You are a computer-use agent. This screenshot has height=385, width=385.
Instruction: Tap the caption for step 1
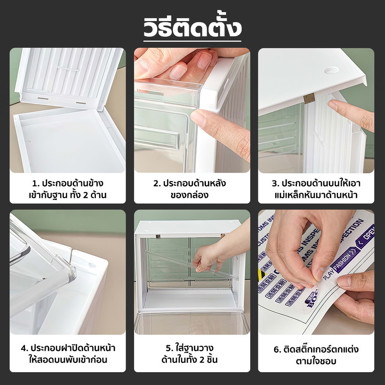tap(68, 189)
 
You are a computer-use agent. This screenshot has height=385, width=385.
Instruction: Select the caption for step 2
tap(192, 189)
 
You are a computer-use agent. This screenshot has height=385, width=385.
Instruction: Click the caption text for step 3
tap(316, 189)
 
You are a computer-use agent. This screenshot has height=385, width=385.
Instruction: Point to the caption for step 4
tap(68, 353)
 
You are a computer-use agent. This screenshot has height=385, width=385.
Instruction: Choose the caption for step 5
tap(192, 353)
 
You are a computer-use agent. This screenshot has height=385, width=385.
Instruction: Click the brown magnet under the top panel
tap(309, 99)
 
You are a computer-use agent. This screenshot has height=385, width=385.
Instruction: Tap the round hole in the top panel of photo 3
tap(331, 70)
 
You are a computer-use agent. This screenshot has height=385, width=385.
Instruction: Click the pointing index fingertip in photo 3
tap(333, 105)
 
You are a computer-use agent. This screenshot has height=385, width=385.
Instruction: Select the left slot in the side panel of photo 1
tap(43, 99)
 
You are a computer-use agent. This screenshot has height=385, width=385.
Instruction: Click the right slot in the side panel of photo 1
tap(81, 103)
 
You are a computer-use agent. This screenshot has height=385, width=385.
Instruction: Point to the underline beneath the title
tap(192, 41)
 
